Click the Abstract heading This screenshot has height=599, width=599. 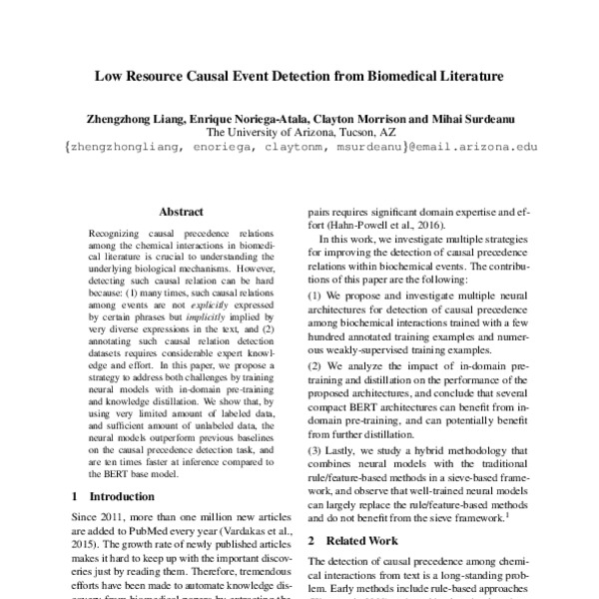click(181, 212)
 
